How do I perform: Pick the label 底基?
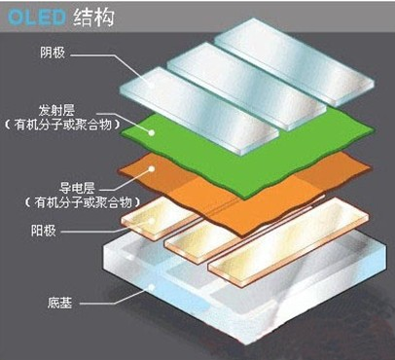(x=61, y=303)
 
